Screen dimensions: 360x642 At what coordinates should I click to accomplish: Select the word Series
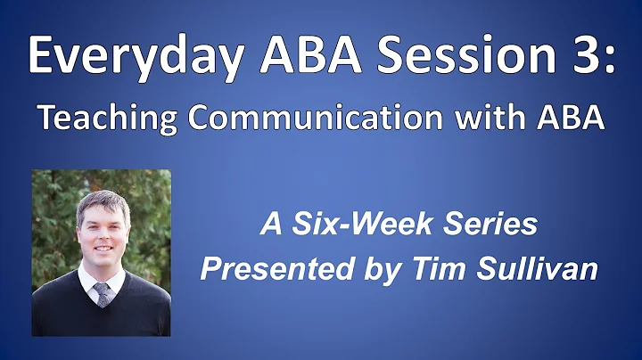coord(490,225)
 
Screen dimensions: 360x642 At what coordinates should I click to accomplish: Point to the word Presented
coord(268,269)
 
